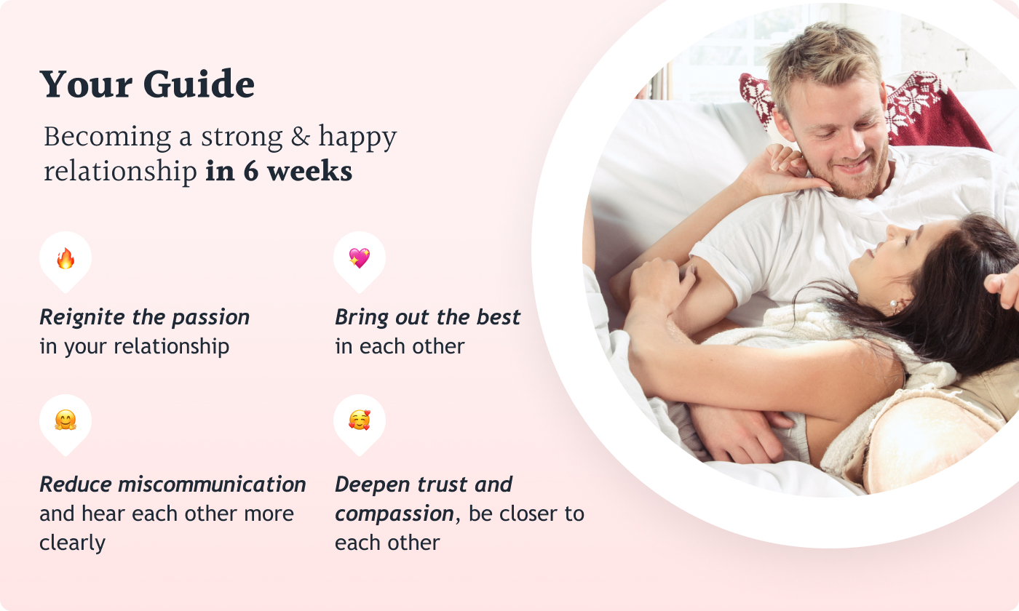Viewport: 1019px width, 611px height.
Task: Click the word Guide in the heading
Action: point(199,84)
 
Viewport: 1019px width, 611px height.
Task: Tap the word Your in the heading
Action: point(87,84)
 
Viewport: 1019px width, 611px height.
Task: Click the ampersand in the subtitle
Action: point(300,137)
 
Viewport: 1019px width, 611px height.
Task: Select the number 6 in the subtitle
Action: point(251,172)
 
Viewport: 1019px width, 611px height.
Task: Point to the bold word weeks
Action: point(310,172)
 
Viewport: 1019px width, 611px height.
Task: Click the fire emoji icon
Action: point(66,258)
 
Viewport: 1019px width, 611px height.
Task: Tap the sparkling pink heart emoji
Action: point(360,258)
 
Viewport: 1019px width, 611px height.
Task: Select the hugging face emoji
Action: point(66,420)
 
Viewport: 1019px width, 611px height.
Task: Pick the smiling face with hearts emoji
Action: point(360,420)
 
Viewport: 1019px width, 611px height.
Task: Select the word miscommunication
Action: point(212,484)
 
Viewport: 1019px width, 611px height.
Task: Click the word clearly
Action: point(72,543)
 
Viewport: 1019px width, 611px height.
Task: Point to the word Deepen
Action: point(373,485)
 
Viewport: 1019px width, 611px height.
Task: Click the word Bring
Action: point(362,318)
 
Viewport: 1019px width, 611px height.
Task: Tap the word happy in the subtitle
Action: point(357,137)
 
